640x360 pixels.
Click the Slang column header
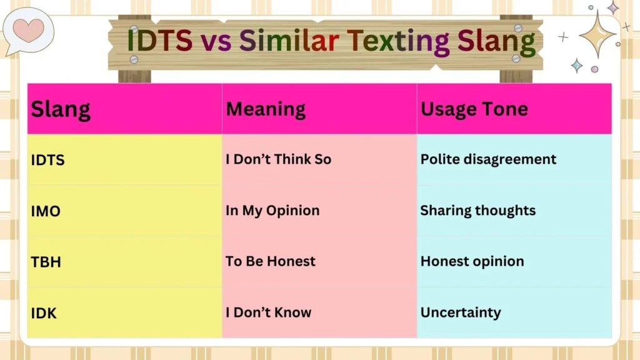[x=61, y=109]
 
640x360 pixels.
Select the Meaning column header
[x=266, y=109]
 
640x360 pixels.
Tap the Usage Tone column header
[x=474, y=109]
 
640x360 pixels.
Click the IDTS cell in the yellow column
[x=48, y=160]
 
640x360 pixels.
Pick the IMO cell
[x=46, y=211]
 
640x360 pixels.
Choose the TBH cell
[x=46, y=262]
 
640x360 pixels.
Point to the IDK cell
[x=44, y=313]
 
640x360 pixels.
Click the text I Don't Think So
[x=278, y=159]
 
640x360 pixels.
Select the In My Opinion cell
[x=272, y=211]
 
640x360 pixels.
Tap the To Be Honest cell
[x=271, y=261]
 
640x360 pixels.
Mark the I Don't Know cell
[x=268, y=312]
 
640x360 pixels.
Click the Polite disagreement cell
[x=488, y=159]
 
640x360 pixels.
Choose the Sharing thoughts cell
[x=477, y=211]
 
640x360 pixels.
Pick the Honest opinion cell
[x=472, y=261]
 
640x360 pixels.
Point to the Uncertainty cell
[x=461, y=312]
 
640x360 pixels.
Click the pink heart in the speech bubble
[x=29, y=29]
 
